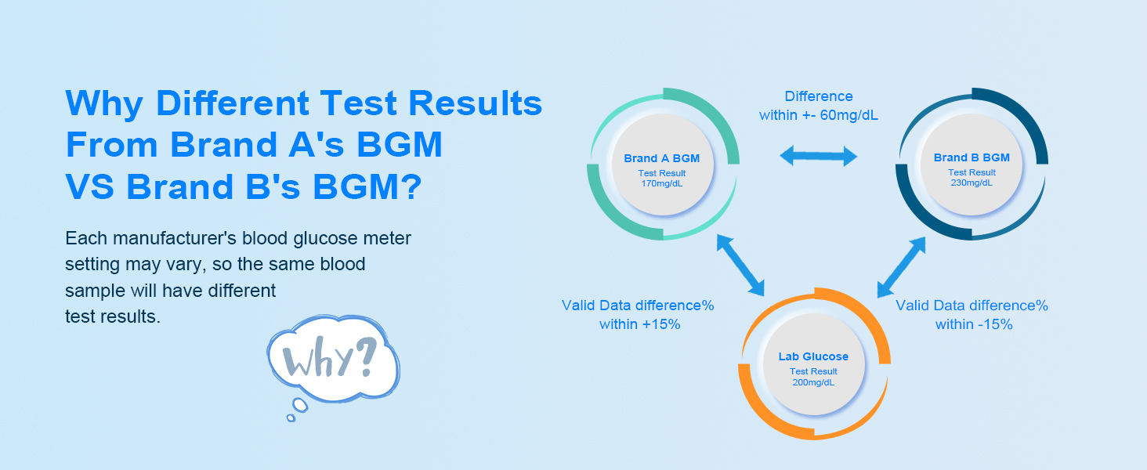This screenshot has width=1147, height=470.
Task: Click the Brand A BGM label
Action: pyautogui.click(x=661, y=158)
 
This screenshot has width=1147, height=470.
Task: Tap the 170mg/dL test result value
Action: pyautogui.click(x=661, y=183)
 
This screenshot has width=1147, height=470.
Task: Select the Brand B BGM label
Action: pyautogui.click(x=972, y=157)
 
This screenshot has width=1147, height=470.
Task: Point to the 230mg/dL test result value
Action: pyautogui.click(x=972, y=183)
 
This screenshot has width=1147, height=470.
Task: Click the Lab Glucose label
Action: pyautogui.click(x=813, y=356)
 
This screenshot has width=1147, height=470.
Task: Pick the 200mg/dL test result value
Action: pyautogui.click(x=813, y=382)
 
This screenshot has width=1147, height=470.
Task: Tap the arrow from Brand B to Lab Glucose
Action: pyautogui.click(x=902, y=266)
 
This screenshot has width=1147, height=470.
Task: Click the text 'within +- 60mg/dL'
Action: pyautogui.click(x=819, y=116)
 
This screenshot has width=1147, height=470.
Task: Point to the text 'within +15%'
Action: pyautogui.click(x=639, y=324)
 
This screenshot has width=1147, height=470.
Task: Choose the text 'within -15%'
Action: pyautogui.click(x=974, y=324)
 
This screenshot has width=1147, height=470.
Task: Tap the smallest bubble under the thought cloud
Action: pyautogui.click(x=291, y=418)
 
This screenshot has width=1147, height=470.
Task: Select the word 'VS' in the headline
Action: pyautogui.click(x=89, y=186)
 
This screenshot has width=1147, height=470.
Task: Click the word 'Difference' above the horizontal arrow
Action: pyautogui.click(x=819, y=96)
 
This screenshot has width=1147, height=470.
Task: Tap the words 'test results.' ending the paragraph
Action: pyautogui.click(x=113, y=317)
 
